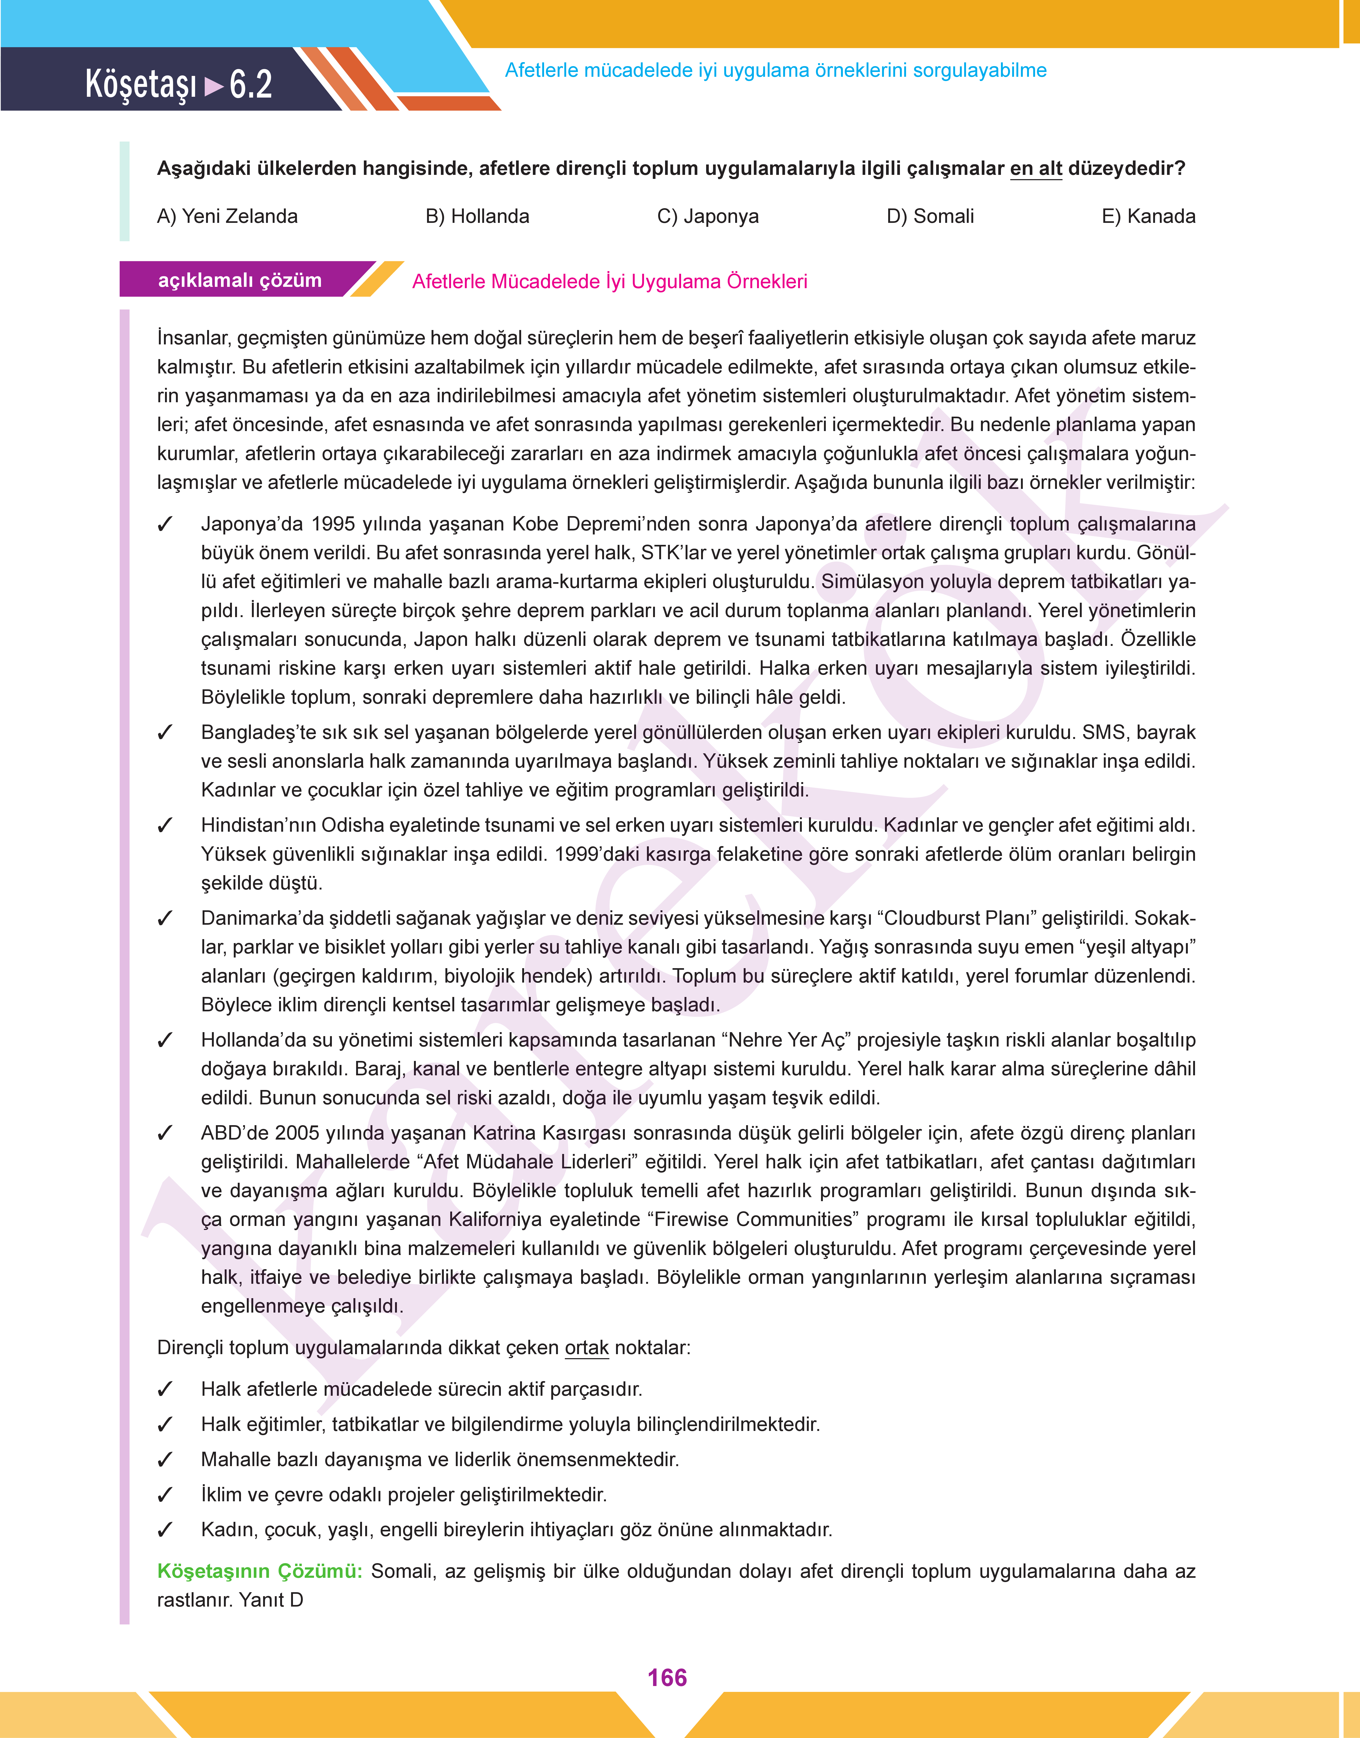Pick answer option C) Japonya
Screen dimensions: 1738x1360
pos(708,216)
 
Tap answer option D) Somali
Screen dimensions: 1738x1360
pos(930,216)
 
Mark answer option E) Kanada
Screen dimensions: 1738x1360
pos(1148,216)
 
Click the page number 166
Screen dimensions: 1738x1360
pos(667,1677)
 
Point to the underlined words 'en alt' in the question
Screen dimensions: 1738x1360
pos(1036,169)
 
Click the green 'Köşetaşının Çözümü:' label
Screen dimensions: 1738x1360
pos(260,1571)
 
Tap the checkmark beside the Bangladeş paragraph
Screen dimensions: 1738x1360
pos(165,733)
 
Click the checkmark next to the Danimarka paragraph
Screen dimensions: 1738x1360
pos(165,919)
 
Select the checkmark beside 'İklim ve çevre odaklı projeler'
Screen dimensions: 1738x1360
pos(165,1495)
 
